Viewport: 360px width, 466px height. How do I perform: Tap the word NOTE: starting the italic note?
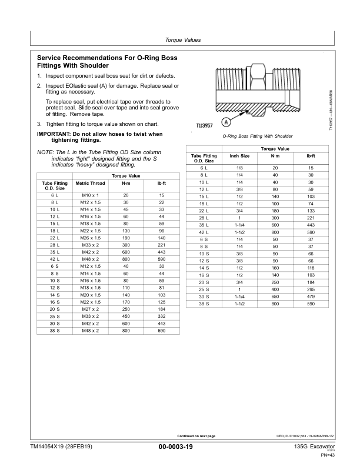point(45,153)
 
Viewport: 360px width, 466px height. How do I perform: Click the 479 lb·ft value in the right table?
point(311,297)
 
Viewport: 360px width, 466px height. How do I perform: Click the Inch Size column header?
point(240,156)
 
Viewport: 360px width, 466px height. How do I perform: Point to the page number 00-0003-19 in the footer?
point(176,447)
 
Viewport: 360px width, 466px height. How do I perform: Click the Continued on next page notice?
point(196,435)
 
